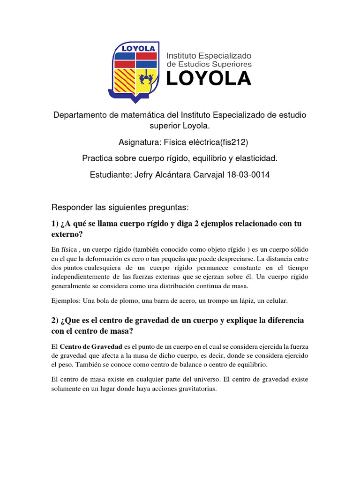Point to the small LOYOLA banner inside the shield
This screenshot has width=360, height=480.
[x=135, y=48]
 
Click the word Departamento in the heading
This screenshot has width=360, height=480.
[x=79, y=115]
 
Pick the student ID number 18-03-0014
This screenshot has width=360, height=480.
[x=249, y=174]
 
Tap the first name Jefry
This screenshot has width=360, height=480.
[x=145, y=174]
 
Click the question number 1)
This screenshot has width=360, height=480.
[x=55, y=224]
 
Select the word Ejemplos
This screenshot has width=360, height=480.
[x=66, y=300]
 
